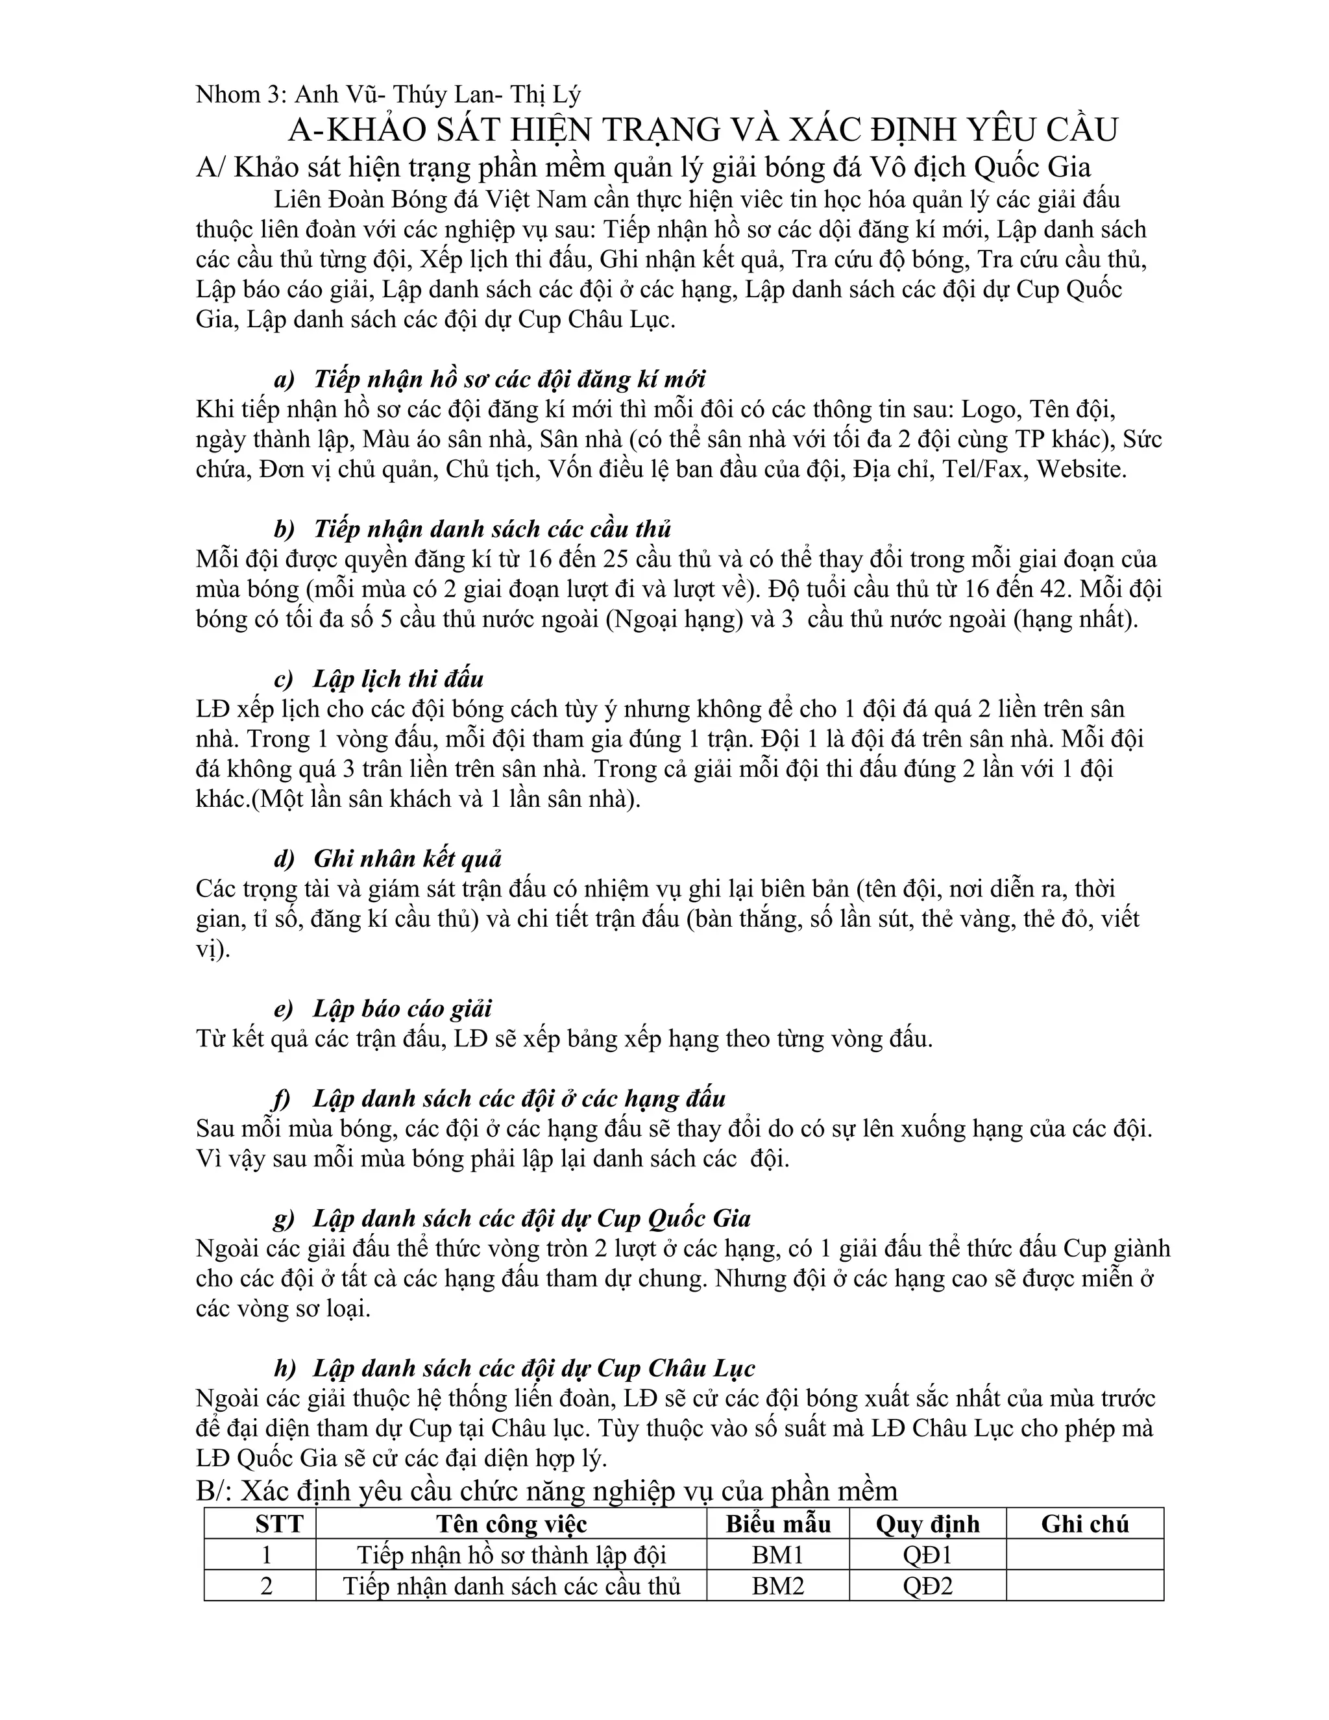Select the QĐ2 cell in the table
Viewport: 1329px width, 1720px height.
[927, 1586]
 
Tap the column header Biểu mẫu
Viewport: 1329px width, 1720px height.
[778, 1524]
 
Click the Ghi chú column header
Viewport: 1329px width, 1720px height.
[1084, 1524]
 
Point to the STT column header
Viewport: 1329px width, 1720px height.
[278, 1524]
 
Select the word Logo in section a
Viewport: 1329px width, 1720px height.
[990, 410]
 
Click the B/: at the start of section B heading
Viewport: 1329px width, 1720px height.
[213, 1491]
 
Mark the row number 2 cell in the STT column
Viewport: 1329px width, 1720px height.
[266, 1586]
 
